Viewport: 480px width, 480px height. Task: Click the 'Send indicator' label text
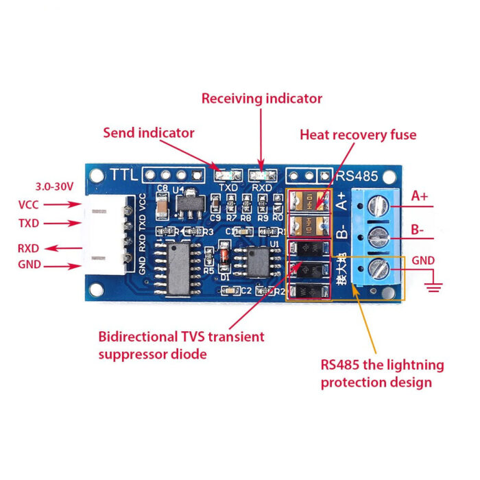coord(149,133)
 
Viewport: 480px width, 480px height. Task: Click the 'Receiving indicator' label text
coord(261,99)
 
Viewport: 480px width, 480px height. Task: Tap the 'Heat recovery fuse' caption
coord(358,134)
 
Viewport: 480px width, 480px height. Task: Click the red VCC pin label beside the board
coord(28,204)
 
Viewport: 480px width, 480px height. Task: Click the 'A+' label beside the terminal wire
coord(420,196)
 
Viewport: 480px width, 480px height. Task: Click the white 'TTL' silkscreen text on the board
coord(123,176)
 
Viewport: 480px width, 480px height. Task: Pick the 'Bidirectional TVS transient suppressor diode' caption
coord(181,346)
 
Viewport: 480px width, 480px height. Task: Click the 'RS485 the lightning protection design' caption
coord(382,373)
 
